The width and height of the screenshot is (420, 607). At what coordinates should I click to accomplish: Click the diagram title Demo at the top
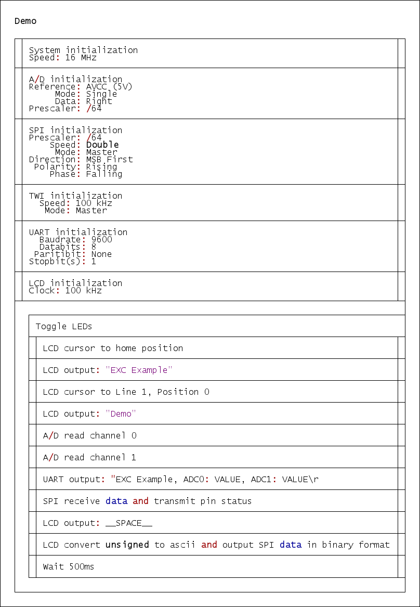pos(25,21)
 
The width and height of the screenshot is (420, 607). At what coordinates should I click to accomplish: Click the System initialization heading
pos(83,50)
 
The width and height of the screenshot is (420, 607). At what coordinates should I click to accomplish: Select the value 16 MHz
pos(81,58)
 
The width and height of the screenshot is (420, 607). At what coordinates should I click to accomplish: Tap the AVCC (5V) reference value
pos(109,87)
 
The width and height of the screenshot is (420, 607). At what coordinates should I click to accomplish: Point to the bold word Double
pos(102,145)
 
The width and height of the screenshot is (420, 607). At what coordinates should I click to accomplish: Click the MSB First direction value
pos(109,160)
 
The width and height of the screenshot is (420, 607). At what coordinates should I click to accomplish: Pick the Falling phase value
pos(104,174)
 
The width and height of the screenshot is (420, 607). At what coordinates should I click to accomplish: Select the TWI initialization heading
pos(75,196)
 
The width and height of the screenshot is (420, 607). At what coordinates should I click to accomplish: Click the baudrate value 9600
pos(101,240)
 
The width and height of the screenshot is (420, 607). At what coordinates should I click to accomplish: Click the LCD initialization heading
pos(75,283)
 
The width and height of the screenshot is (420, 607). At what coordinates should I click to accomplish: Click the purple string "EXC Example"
pos(139,370)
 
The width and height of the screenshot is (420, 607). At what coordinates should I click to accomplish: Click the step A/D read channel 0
pos(89,436)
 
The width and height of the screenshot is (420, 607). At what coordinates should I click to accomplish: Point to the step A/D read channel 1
pos(89,458)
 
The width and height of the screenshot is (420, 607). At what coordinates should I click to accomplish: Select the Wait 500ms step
pos(69,567)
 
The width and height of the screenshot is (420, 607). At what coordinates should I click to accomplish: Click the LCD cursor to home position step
pos(113,348)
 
